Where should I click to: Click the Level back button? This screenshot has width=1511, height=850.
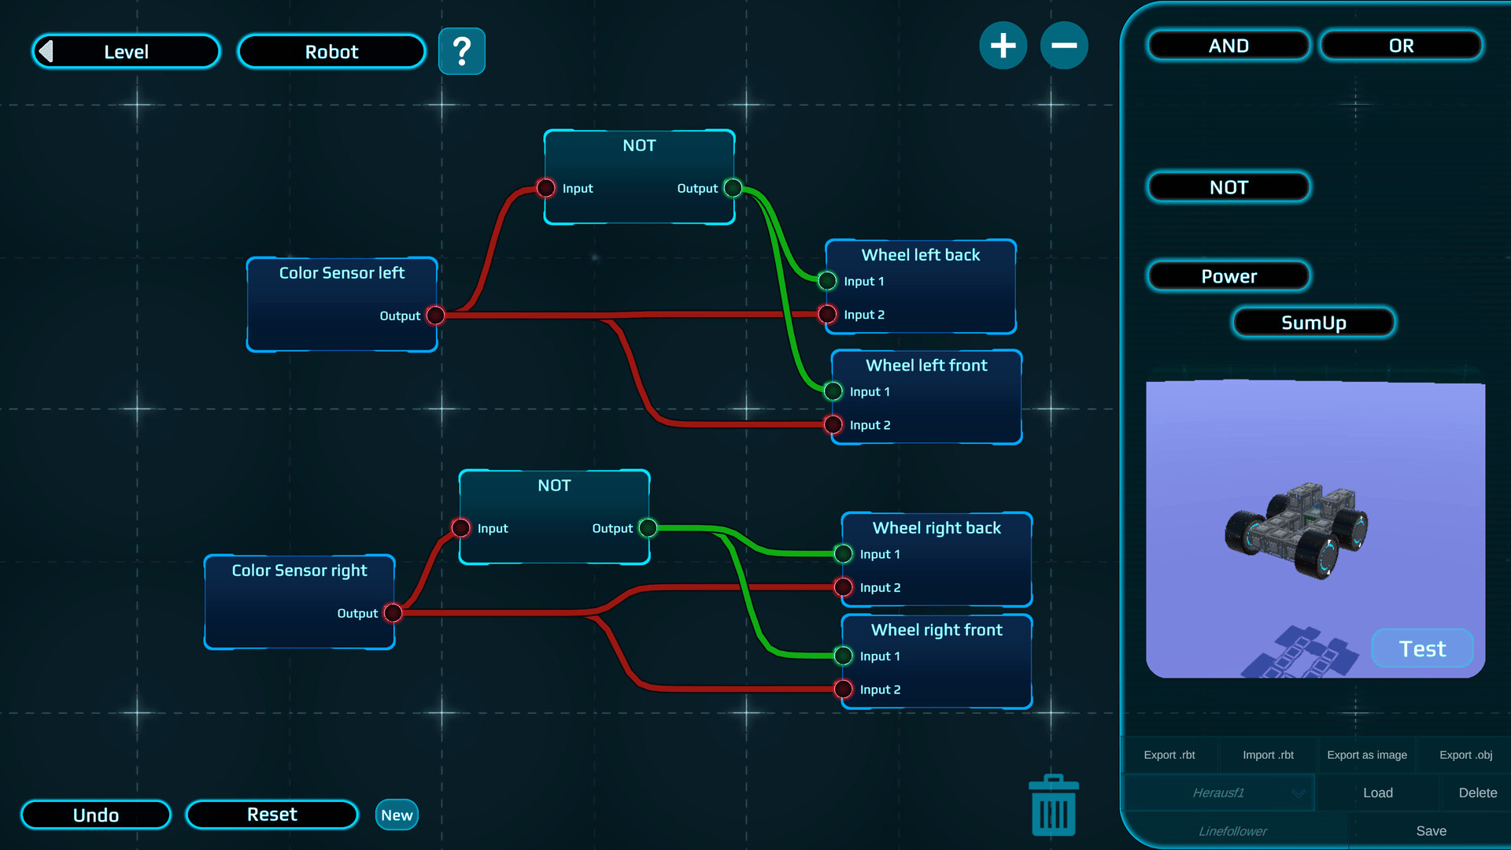coord(126,52)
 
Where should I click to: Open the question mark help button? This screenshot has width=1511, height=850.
coord(462,52)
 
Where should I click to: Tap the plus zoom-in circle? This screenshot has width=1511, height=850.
coord(1003,46)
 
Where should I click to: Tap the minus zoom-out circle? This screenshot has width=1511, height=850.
coord(1064,46)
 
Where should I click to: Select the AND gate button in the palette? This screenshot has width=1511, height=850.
coord(1228,46)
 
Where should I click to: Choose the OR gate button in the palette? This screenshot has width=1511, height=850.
coord(1401,46)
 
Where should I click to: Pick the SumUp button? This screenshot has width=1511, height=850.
coord(1313,323)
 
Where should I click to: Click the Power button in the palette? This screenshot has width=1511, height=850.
coord(1228,276)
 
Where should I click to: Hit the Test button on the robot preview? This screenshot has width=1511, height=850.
coord(1422,649)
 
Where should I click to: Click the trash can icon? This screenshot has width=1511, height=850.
coord(1053,806)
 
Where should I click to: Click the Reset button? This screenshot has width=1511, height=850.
coord(272,815)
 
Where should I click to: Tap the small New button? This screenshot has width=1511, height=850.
coord(397,815)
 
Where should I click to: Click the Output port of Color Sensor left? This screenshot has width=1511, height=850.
coord(435,316)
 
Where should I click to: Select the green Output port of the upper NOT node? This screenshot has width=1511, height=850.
coord(733,188)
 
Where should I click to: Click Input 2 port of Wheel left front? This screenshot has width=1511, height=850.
coord(833,425)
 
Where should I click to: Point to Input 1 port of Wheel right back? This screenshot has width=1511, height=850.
coord(844,554)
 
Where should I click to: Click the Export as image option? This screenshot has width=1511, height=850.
coord(1367,755)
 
